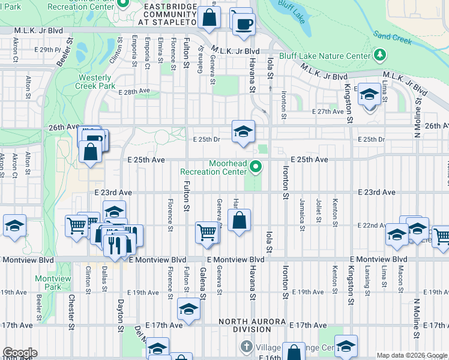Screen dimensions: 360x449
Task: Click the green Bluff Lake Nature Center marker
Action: [379, 56]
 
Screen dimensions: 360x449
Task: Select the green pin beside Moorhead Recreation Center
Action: [256, 167]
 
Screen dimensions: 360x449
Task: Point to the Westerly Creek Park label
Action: [95, 82]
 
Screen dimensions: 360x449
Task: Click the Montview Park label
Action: [49, 283]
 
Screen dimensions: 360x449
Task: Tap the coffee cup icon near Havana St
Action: [244, 23]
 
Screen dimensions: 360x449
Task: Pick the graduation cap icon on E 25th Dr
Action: [243, 132]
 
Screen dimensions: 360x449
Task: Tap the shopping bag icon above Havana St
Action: [239, 220]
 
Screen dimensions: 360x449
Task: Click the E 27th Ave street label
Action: [328, 112]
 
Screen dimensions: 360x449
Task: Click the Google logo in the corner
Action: [19, 353]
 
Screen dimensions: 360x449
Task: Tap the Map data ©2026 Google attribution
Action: [411, 355]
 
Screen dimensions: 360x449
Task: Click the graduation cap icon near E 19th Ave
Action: [188, 310]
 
